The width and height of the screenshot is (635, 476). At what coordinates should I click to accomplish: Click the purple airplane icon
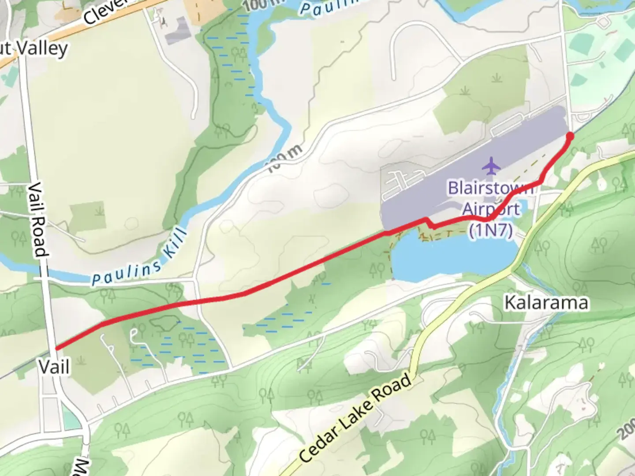pos(491,166)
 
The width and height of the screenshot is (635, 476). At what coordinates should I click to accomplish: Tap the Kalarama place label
pos(546,303)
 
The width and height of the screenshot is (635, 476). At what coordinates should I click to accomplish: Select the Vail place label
pos(54,367)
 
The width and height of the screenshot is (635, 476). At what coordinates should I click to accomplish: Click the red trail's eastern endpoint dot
pos(569,136)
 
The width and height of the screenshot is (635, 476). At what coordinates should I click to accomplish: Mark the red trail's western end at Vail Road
pos(56,348)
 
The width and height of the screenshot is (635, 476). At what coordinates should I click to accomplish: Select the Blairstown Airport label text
pos(491,198)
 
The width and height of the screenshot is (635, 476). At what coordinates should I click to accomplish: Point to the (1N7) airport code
pos(490,230)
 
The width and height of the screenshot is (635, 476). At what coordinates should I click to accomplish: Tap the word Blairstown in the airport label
pos(491,188)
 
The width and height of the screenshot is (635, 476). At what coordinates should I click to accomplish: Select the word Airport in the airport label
pos(491,209)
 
